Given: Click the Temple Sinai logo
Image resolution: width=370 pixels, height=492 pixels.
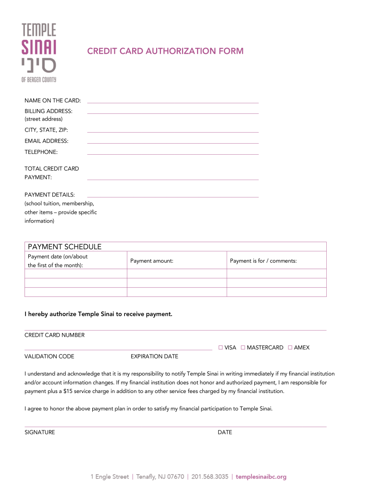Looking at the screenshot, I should point(39,52).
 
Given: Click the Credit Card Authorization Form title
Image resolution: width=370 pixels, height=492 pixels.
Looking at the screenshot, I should point(165,51).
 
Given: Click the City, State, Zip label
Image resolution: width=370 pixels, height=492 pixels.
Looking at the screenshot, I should point(46,130).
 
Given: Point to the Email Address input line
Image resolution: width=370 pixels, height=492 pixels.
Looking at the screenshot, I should point(173,142).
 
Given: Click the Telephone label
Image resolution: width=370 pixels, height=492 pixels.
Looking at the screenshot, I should point(41,152).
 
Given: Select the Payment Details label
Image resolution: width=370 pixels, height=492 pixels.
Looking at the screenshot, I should point(49,195).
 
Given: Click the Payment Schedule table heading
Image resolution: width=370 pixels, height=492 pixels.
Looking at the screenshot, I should point(65,246).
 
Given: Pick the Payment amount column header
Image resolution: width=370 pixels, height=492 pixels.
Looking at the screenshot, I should point(151,261).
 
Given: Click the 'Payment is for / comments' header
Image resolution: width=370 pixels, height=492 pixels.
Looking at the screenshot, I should point(263,261).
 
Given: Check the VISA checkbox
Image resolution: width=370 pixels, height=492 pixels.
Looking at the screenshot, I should point(221,347).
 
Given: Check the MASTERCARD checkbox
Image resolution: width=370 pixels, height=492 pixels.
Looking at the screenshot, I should point(243,347).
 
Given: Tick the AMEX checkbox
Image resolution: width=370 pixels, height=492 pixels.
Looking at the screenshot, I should point(290,347).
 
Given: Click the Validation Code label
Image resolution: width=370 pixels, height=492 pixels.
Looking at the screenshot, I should point(49,357).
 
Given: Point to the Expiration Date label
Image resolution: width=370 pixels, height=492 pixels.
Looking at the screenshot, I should point(154,357).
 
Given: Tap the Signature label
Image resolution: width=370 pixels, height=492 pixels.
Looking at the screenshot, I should point(40,432).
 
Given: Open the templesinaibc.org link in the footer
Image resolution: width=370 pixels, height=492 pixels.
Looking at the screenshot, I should point(261,477).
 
